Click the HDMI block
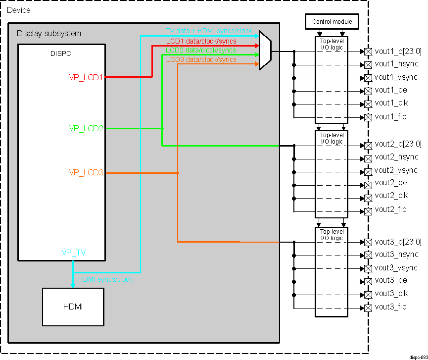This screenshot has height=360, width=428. [73, 307]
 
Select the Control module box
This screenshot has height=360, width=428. [332, 22]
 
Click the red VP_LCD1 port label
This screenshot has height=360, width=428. [86, 77]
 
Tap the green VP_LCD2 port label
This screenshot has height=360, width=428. [86, 128]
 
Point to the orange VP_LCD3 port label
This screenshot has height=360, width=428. [86, 173]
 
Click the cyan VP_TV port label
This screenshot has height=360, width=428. [73, 253]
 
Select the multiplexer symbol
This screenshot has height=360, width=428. [265, 51]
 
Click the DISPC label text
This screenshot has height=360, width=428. [61, 53]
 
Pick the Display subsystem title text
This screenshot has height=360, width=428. [49, 34]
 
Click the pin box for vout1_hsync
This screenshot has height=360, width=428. [368, 65]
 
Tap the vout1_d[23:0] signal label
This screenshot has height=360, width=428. [398, 51]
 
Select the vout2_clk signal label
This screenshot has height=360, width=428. [391, 196]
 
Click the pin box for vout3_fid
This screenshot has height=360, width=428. [368, 308]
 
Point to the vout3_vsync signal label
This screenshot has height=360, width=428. [396, 267]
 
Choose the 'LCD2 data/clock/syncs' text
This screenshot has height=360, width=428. [201, 50]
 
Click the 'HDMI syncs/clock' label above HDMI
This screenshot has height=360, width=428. [105, 279]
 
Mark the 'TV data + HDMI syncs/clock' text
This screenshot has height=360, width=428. [208, 31]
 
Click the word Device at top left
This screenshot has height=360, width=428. [18, 10]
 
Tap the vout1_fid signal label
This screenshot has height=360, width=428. [390, 117]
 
